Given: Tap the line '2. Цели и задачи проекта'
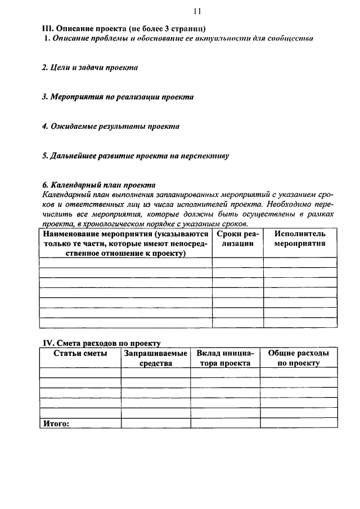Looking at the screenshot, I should click(91, 67).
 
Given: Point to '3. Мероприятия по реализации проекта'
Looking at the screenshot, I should click(118, 97).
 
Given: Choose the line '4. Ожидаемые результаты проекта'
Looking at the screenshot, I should click(111, 126).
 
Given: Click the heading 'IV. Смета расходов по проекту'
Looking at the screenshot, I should click(102, 343).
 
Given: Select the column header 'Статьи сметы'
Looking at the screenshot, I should click(80, 353).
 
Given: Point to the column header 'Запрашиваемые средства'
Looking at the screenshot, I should click(155, 358).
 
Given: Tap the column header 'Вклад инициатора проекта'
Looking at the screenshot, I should click(225, 358).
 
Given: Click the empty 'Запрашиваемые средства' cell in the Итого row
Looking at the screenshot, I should click(155, 424).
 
